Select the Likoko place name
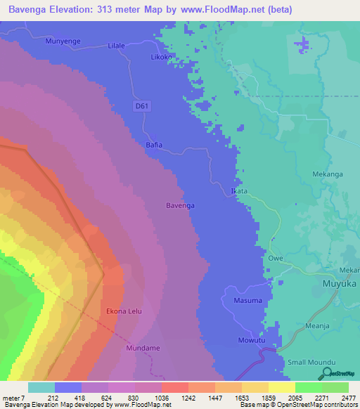point(162,56)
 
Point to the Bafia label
point(153,145)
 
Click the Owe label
point(275,258)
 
